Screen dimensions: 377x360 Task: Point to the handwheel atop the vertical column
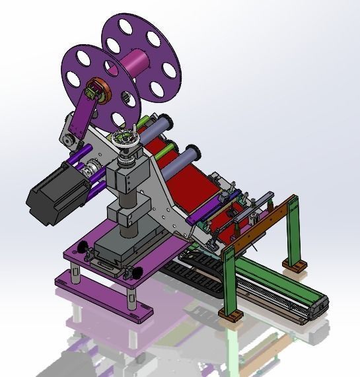(x=125, y=141)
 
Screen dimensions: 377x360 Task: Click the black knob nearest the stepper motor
(x=83, y=247)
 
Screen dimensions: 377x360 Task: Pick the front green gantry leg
(x=227, y=277)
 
